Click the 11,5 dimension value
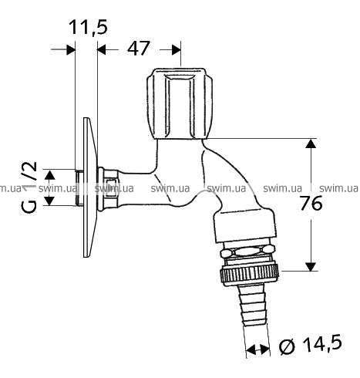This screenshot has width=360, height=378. point(88,27)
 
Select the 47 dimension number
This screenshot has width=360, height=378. point(138,48)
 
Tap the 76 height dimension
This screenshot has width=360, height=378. point(311,203)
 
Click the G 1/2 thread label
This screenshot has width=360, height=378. point(29,187)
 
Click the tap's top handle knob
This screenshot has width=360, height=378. point(180,103)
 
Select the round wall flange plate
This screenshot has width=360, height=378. point(90,187)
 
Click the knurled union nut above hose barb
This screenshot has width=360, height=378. point(249,275)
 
